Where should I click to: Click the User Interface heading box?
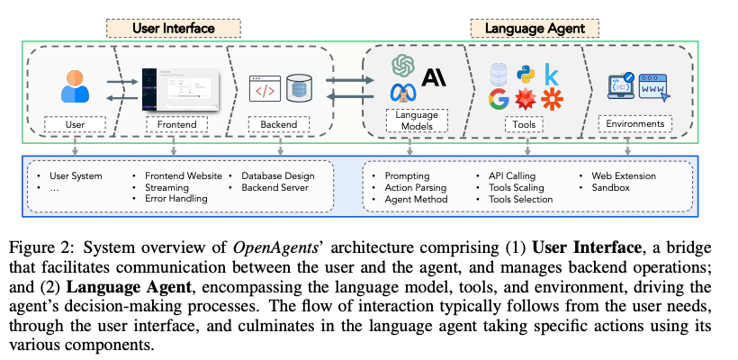tap(174, 28)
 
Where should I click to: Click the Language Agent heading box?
tap(535, 28)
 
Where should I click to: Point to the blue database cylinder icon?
tap(298, 87)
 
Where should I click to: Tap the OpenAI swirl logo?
tap(402, 66)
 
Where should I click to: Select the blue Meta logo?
tap(400, 92)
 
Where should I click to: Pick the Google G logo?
tap(498, 96)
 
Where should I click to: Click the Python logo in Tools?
tap(522, 71)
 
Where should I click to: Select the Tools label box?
tap(524, 123)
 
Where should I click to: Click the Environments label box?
tap(637, 123)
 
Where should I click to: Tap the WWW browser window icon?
tap(655, 88)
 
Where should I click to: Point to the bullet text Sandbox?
tap(612, 186)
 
